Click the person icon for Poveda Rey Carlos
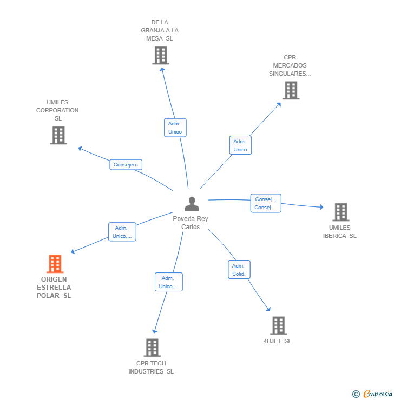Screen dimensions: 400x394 coord(192,204)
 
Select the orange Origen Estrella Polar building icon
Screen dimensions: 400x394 coord(55,264)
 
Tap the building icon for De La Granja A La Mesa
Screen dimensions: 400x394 coord(160,55)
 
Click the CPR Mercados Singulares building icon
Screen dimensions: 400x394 coord(291,90)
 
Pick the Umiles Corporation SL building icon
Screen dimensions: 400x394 coord(58,135)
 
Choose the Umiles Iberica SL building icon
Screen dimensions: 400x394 coord(340,212)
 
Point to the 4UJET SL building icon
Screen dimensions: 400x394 coord(278,325)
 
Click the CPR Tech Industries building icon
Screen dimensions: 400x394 coord(152,348)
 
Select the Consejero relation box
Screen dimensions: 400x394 coord(126,165)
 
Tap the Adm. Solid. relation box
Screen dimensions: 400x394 coord(239,270)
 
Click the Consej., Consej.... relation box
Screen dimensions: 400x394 coord(266,203)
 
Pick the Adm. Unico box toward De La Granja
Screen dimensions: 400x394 coord(175,128)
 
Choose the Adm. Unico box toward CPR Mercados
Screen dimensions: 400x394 coord(240,145)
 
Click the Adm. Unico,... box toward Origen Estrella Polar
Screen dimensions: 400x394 coord(122,232)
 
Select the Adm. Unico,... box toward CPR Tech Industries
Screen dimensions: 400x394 coord(168,282)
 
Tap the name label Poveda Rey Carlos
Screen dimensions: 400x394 coord(191,223)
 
